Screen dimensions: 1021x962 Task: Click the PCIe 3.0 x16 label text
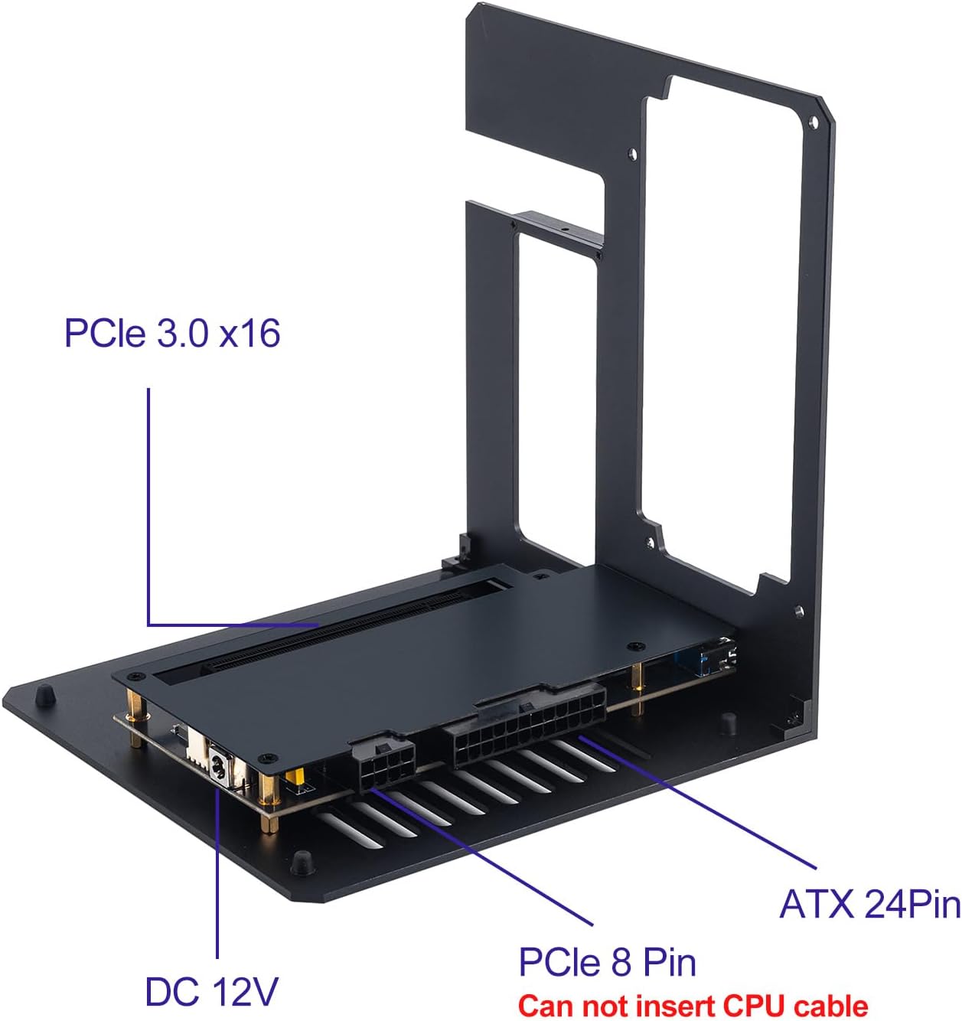172,333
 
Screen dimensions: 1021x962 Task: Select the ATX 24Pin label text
869,905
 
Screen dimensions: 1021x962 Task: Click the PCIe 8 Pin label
607,961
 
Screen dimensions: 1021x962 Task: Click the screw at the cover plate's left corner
136,677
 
